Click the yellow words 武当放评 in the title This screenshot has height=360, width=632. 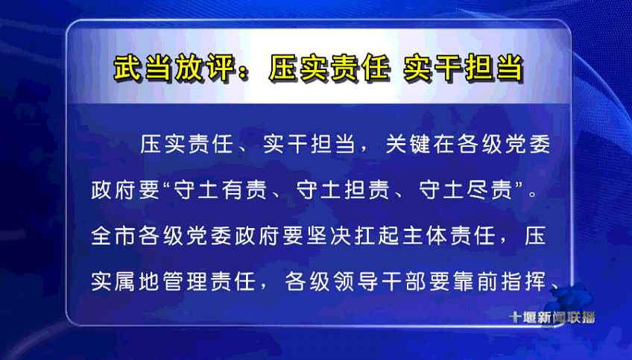click(x=174, y=68)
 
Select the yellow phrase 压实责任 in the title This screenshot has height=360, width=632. click(x=329, y=68)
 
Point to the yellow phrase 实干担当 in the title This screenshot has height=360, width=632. click(x=463, y=68)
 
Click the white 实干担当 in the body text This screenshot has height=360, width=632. click(x=309, y=144)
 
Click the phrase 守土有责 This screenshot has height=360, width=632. click(x=221, y=189)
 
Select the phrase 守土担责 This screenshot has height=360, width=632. click(x=344, y=189)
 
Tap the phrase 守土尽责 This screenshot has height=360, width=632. click(x=466, y=189)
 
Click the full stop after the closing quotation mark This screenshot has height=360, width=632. click(x=533, y=195)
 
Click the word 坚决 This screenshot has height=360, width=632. click(x=329, y=236)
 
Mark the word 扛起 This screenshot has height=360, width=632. click(x=377, y=236)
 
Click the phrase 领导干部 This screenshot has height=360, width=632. click(x=382, y=281)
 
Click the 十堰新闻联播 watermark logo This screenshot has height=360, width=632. click(x=552, y=318)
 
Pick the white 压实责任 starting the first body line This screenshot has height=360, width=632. click(x=186, y=144)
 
